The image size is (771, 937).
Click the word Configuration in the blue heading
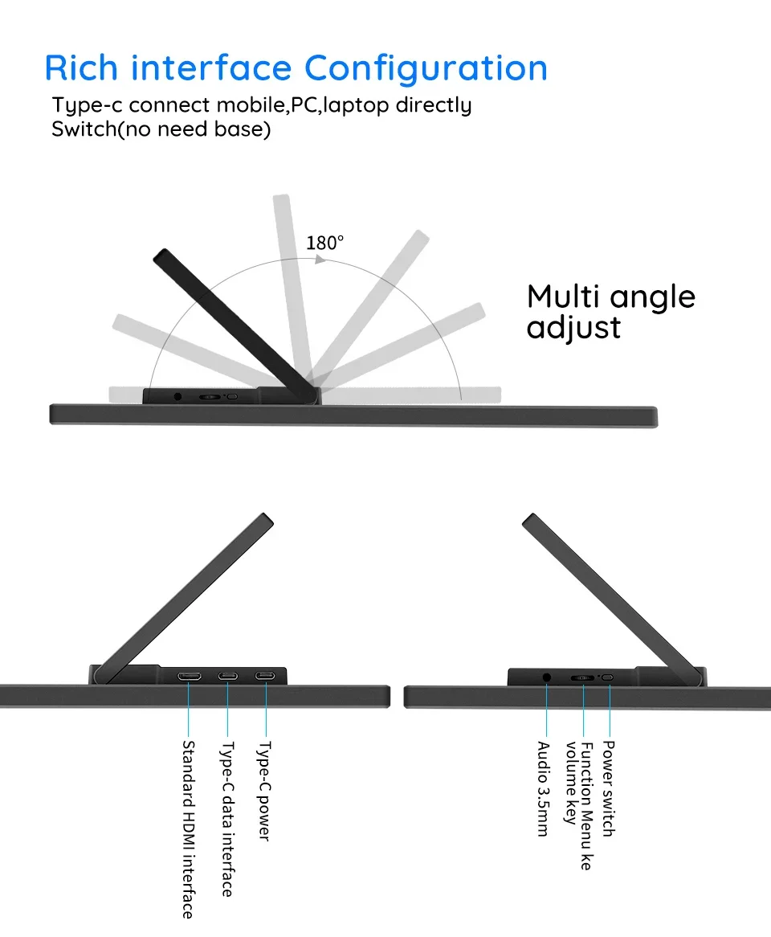426,68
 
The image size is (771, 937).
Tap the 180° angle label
324,242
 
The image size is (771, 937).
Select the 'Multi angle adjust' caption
610,312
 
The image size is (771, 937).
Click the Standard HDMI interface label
188,829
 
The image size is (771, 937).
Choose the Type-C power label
263,791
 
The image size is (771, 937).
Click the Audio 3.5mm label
545,788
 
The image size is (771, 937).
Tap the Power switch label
608,788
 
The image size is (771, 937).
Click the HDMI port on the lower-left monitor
190,675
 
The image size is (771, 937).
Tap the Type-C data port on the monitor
227,675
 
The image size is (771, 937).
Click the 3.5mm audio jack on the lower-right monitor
547,677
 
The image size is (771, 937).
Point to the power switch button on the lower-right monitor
608,677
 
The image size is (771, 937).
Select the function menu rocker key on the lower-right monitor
582,677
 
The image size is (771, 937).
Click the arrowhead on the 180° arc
319,260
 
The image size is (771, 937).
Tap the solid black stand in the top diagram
233,321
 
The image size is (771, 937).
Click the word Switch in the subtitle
84,129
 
